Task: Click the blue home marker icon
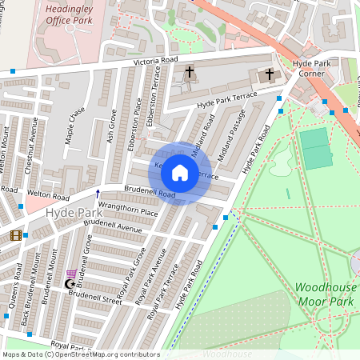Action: click(x=180, y=172)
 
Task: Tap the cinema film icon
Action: click(x=16, y=234)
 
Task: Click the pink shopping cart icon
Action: click(x=72, y=274)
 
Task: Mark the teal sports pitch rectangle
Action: click(x=316, y=147)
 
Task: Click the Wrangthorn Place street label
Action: click(x=123, y=211)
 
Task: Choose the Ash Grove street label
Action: click(x=111, y=125)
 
